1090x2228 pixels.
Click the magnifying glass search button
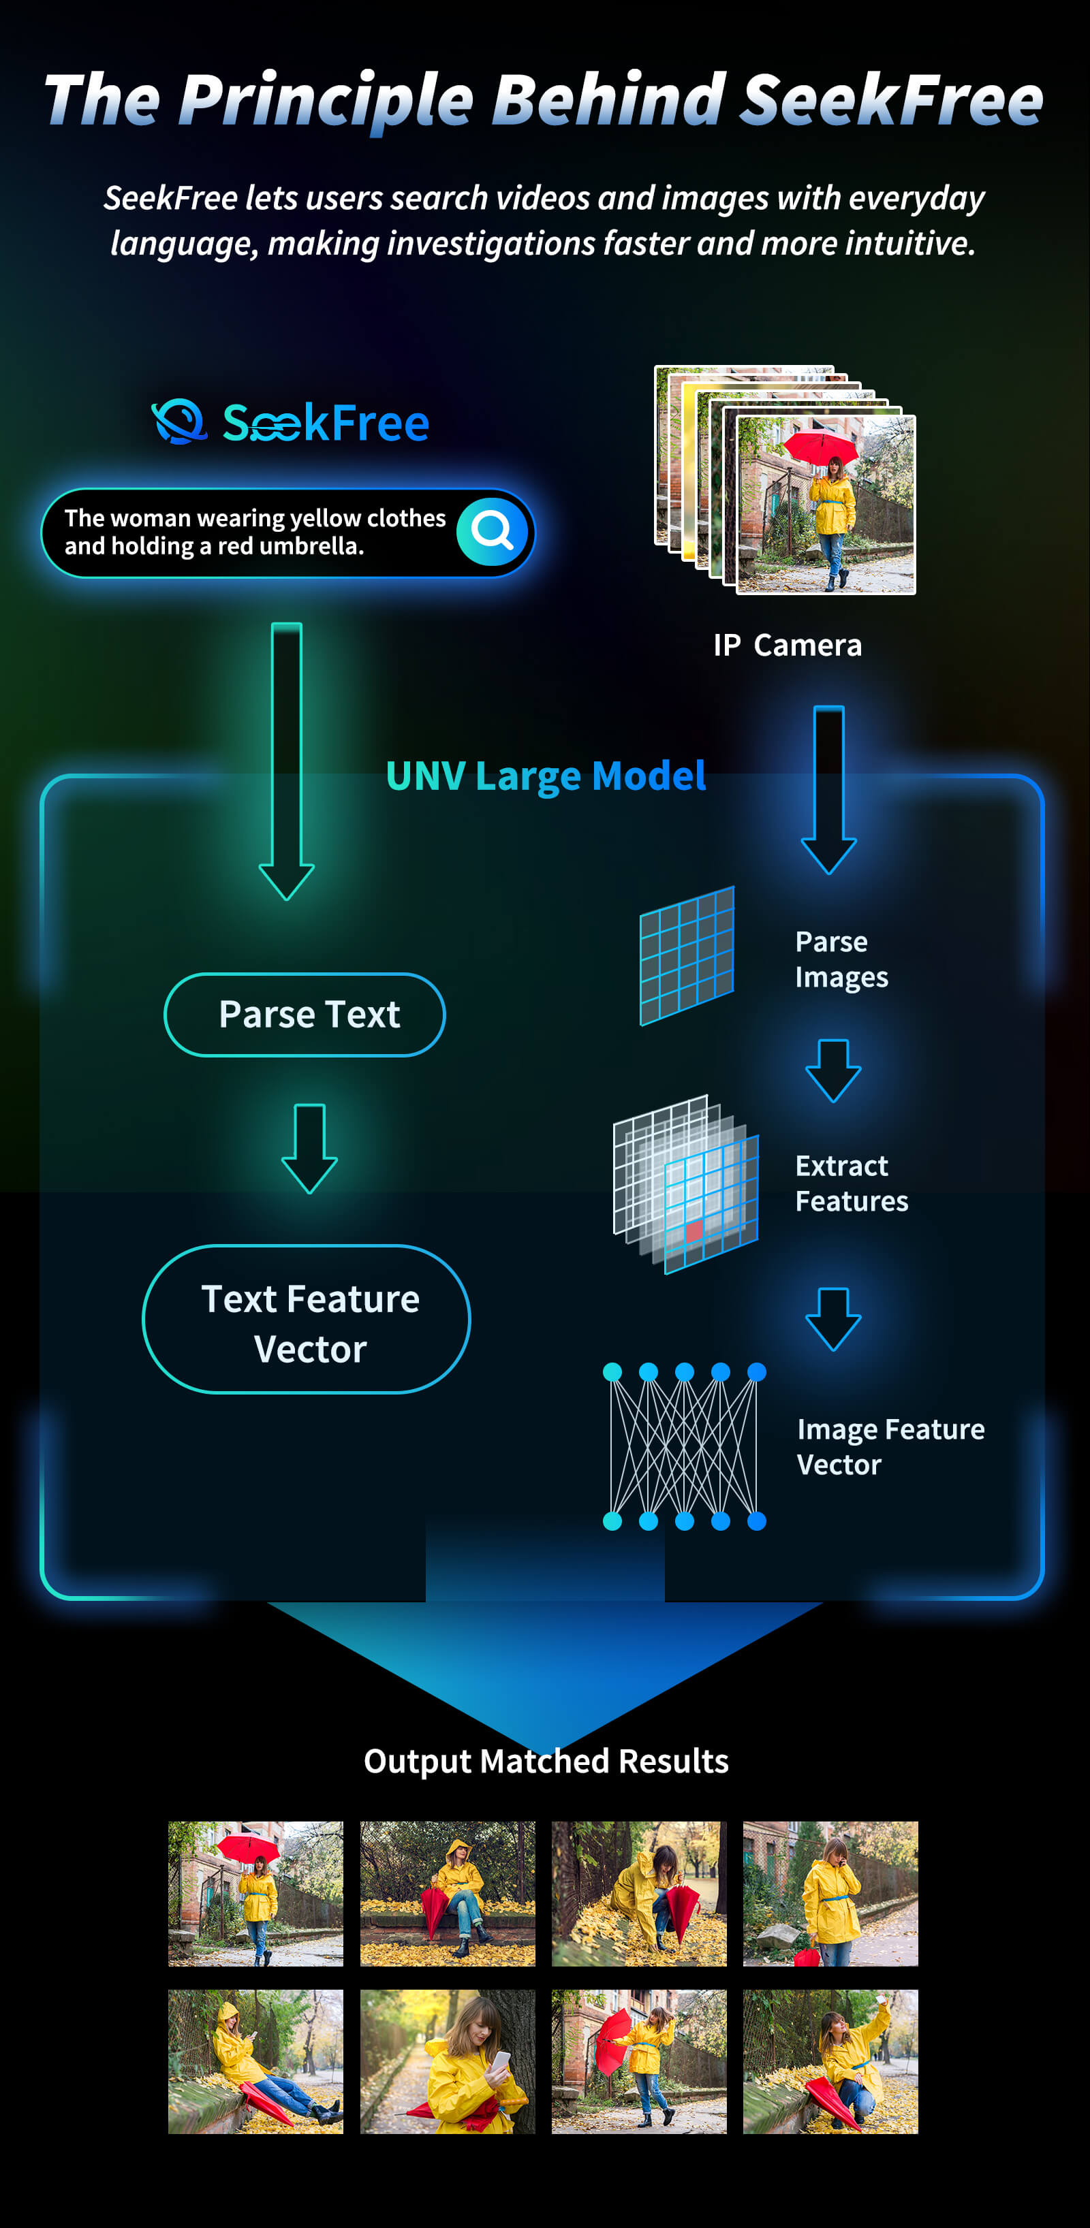tap(491, 531)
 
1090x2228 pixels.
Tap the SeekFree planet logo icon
tap(179, 422)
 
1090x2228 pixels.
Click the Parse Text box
tap(305, 1015)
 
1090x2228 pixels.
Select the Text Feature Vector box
tap(307, 1319)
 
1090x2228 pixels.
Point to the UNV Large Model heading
tap(546, 776)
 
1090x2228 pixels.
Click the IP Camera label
tap(788, 646)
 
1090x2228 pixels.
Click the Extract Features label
tap(852, 1183)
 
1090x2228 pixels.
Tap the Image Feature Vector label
tap(890, 1446)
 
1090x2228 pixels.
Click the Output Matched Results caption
tap(546, 1761)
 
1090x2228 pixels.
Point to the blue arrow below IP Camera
tap(829, 788)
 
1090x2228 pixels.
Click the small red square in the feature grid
tap(694, 1230)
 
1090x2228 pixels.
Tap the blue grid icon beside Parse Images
tap(687, 956)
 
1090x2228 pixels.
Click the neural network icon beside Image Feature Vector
tap(684, 1446)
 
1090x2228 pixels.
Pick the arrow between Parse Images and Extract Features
tap(833, 1070)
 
